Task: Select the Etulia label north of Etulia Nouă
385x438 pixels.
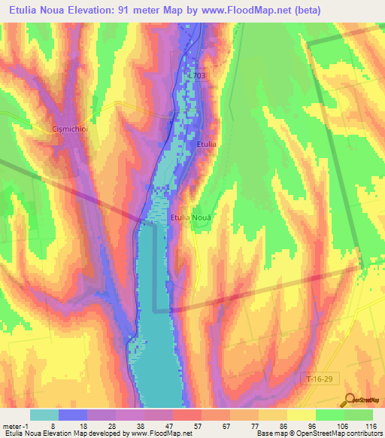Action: (x=207, y=144)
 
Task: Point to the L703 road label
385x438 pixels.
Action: (x=197, y=75)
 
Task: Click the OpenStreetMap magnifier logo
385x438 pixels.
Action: (x=350, y=401)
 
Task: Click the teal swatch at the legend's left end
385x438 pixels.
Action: (x=44, y=415)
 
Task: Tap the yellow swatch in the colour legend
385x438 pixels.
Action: (x=301, y=415)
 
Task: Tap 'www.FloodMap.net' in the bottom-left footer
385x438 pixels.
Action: (x=161, y=433)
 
